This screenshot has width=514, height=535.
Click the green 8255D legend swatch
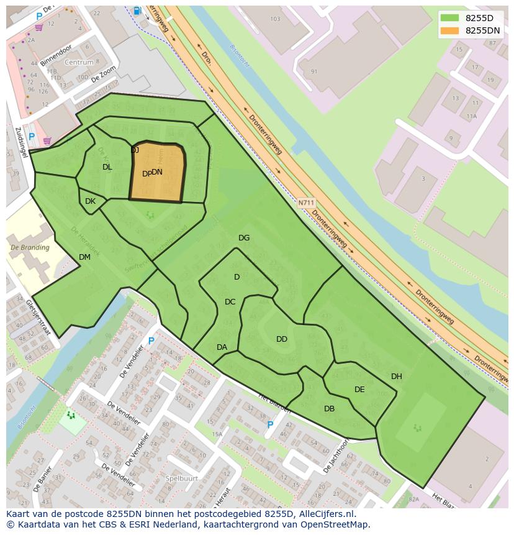coord(449,18)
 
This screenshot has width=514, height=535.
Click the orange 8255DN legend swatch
coord(449,30)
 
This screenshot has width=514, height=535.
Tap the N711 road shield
coord(305,203)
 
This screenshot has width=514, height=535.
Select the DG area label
coord(244,238)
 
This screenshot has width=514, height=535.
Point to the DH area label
coord(397,377)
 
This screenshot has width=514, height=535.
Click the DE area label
coord(359,390)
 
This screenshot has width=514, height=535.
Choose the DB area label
coord(329,409)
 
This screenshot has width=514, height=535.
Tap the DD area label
coord(282,339)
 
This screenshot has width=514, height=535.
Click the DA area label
coord(222,347)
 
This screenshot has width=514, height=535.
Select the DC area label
coord(230,302)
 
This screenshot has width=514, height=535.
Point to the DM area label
coord(85,257)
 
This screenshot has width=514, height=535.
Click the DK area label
coord(90,201)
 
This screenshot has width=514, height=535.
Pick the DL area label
coord(107,167)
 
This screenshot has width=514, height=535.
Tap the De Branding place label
coord(30,247)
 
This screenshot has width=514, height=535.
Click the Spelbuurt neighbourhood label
coord(182,478)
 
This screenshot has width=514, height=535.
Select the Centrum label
coord(79,63)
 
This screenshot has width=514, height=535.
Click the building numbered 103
coord(275,19)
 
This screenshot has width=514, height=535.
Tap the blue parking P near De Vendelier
coord(151,341)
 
